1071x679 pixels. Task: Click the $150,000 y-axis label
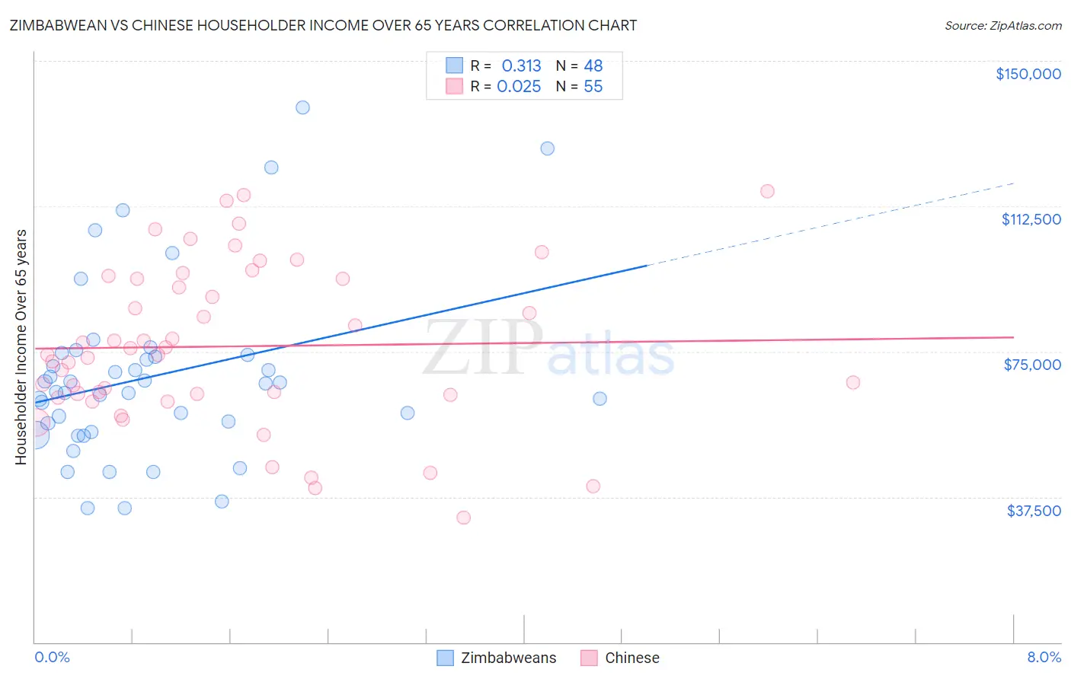1028,74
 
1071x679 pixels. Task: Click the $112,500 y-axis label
1031,219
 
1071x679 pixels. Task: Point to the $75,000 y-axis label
1032,365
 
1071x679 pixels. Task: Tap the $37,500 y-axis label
1034,510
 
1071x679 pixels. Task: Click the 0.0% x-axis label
52,657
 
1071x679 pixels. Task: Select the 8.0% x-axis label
1044,657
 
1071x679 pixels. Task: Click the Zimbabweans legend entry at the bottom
508,658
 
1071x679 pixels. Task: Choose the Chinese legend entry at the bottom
631,658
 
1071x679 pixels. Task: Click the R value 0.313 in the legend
521,66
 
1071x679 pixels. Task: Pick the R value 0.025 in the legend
519,87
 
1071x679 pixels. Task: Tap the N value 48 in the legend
593,66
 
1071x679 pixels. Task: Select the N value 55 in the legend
593,87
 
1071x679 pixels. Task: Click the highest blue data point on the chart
302,107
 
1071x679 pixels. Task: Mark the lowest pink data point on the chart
463,518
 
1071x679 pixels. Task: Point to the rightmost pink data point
853,382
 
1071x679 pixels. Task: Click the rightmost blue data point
599,399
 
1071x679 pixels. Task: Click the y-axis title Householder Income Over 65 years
21,346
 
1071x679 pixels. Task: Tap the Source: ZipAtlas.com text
1002,26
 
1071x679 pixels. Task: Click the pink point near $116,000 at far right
767,191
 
